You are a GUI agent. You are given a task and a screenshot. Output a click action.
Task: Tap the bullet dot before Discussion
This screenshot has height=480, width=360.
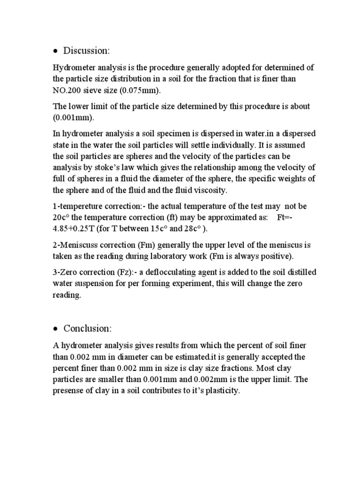55,51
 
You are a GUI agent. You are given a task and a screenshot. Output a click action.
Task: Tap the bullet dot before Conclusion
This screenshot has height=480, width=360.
55,329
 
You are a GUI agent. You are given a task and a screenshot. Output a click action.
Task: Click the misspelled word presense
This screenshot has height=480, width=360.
68,390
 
